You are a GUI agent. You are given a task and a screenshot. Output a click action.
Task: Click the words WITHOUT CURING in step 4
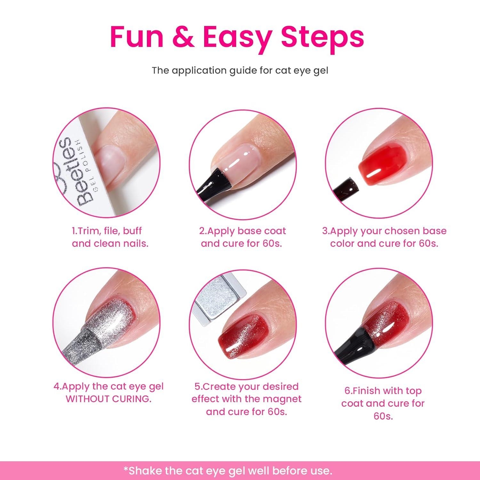[108, 399]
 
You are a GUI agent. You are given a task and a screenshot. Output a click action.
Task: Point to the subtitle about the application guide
[240, 70]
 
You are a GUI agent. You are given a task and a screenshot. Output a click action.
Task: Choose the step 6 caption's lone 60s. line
[383, 416]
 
